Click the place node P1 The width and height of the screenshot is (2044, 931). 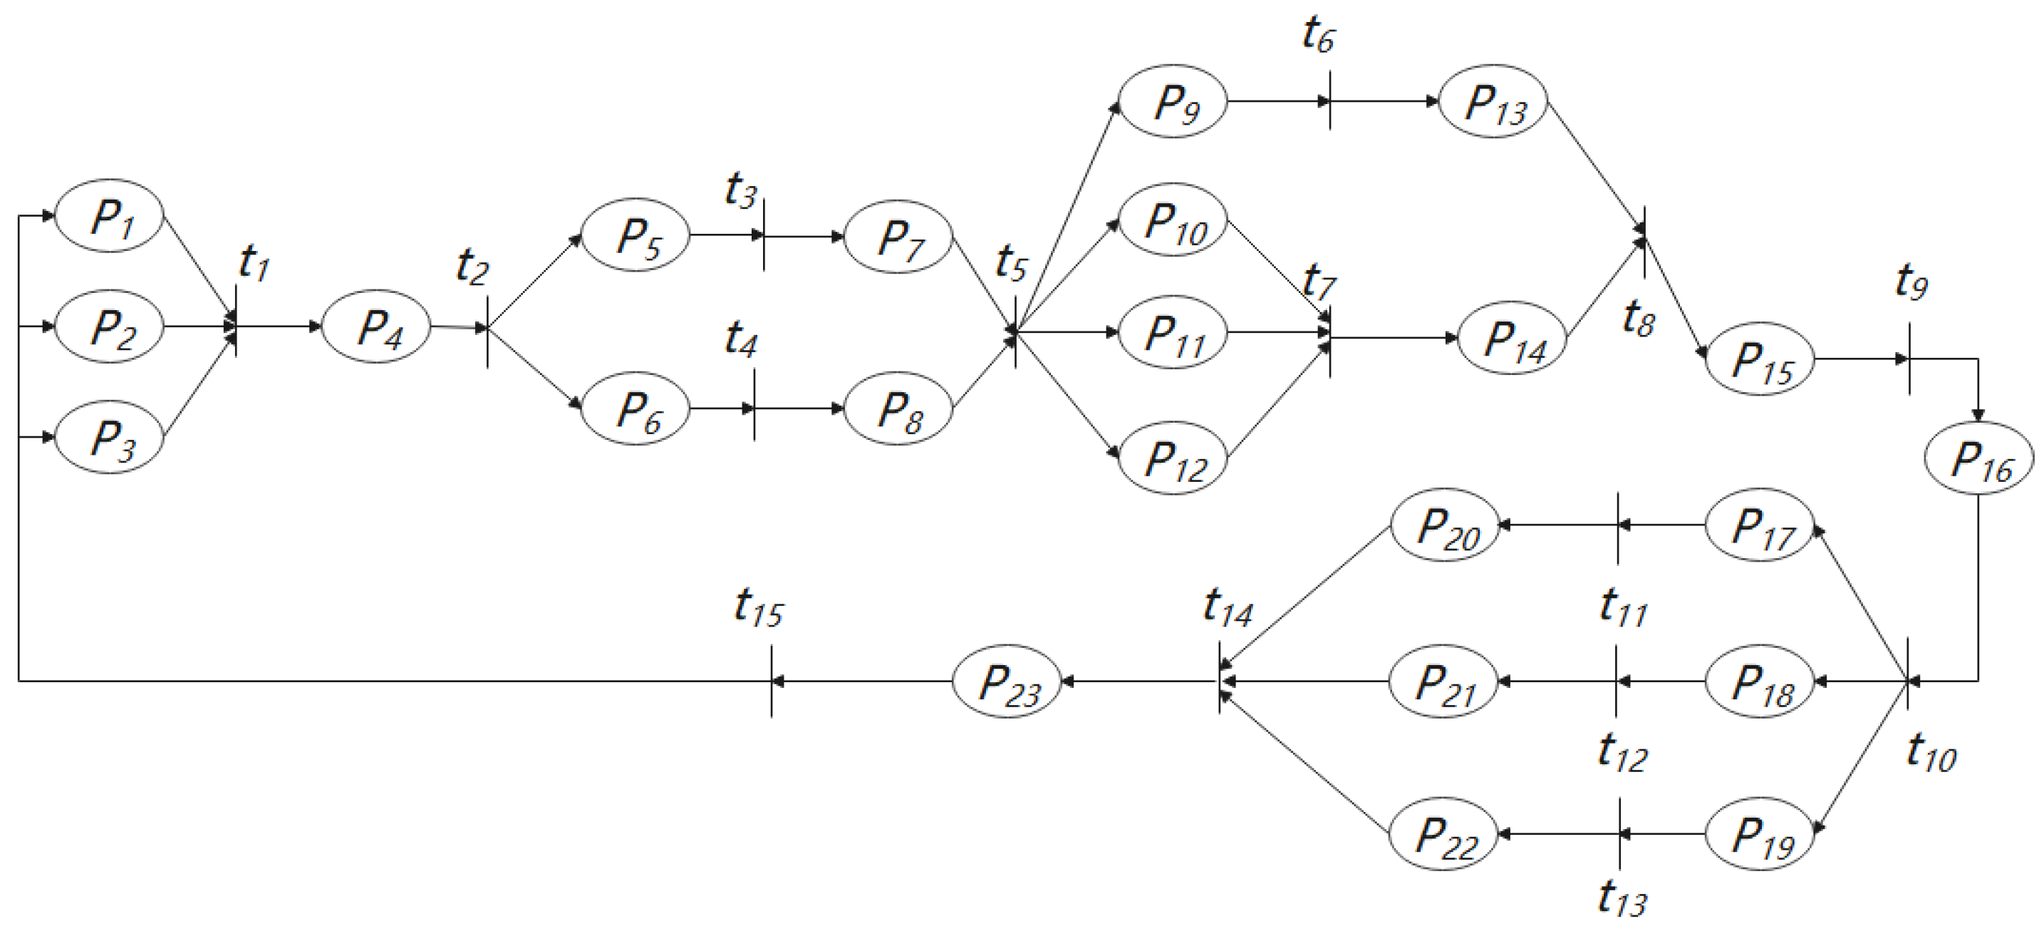[x=109, y=215]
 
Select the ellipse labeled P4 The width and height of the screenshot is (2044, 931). [x=376, y=326]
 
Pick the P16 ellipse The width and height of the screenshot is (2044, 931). [x=1978, y=457]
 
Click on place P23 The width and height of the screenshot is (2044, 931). [x=1007, y=681]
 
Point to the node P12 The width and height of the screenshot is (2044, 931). [x=1173, y=458]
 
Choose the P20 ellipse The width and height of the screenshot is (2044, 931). [x=1444, y=525]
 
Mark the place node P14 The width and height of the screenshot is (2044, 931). [x=1513, y=338]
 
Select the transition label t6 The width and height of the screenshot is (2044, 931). [x=1317, y=36]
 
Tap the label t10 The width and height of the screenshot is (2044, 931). [x=1931, y=752]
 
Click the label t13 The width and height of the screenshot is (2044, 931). [x=1622, y=898]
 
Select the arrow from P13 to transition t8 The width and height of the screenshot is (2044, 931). [x=1597, y=168]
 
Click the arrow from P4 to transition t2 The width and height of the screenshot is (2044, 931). [x=458, y=327]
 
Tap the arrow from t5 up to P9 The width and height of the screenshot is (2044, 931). [x=1067, y=217]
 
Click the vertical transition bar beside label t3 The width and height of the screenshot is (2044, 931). [x=763, y=235]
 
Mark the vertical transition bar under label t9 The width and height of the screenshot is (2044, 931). [x=1909, y=359]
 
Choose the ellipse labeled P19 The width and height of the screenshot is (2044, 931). [x=1760, y=834]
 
